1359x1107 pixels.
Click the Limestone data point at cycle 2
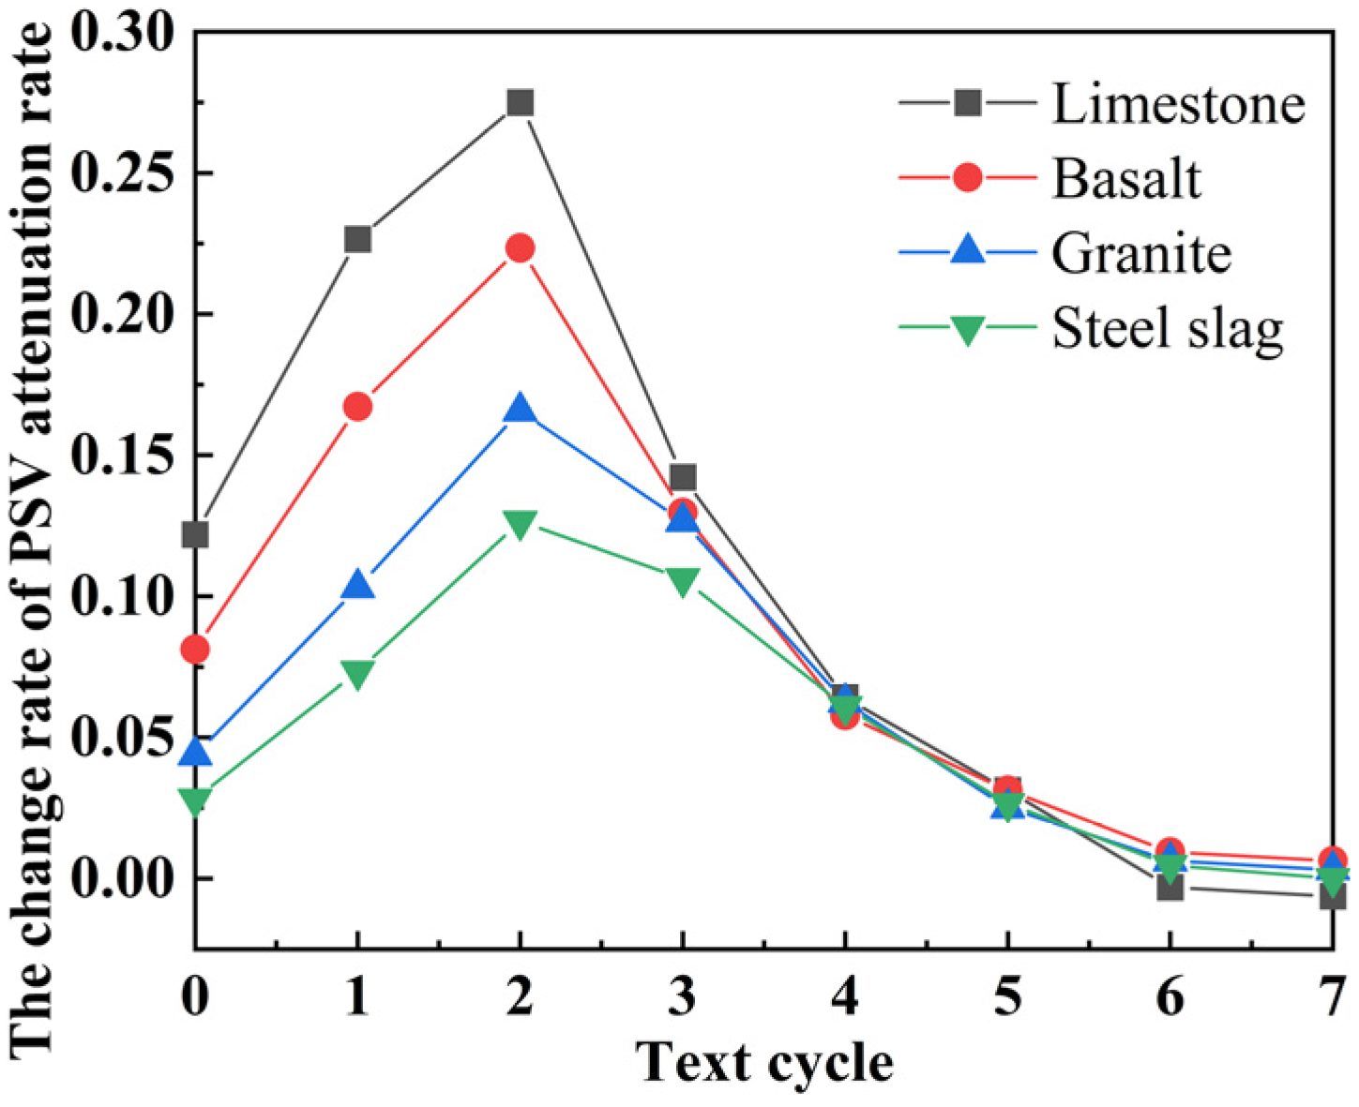[x=520, y=102]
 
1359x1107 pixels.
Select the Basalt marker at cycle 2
[x=520, y=248]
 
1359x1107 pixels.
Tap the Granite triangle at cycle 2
[x=520, y=410]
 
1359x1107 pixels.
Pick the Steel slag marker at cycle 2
[x=520, y=524]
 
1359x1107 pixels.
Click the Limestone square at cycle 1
[x=357, y=240]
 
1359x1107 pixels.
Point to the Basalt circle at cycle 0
[x=195, y=649]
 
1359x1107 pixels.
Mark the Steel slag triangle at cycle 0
[x=195, y=800]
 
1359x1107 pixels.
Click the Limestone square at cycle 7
[x=1332, y=897]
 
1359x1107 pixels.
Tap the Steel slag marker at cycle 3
[x=683, y=581]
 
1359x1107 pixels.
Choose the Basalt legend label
[x=1125, y=178]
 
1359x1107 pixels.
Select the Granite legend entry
[x=1140, y=253]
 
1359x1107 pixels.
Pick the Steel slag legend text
[x=1167, y=329]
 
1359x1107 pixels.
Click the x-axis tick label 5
[x=1007, y=996]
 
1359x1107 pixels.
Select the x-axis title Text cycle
[x=764, y=1063]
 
